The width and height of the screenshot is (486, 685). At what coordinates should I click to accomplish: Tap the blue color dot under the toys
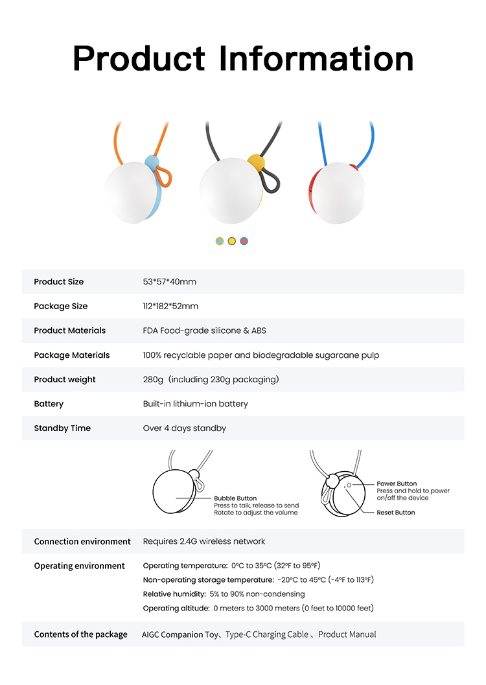pos(220,241)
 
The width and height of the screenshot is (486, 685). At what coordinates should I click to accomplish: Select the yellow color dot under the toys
pos(232,241)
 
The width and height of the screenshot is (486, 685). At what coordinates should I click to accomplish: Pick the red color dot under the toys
pos(244,241)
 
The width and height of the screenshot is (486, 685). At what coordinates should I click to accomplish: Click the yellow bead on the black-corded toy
pos(257,163)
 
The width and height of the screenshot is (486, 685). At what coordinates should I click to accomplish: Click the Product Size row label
pos(59,282)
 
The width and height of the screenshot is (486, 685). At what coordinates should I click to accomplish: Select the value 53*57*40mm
pos(169,282)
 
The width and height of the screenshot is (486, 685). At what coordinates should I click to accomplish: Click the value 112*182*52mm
pos(170,306)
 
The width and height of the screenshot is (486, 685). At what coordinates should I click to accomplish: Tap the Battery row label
pos(49,404)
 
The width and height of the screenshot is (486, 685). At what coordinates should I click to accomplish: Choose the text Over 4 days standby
pos(185,428)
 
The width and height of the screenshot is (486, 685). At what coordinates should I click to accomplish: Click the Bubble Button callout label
pos(235,498)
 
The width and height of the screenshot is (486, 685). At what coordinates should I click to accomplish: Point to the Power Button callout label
pos(397,483)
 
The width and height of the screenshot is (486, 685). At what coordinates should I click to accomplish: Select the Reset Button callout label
pos(396,513)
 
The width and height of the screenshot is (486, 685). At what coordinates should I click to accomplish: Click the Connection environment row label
pos(82,541)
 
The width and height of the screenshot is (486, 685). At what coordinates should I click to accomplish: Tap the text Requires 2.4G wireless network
pos(204,541)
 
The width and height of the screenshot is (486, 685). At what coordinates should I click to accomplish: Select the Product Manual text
pos(347,634)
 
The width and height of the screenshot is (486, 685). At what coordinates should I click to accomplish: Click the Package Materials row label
pos(72,355)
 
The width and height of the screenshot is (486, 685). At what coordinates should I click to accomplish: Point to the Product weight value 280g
pos(154,379)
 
